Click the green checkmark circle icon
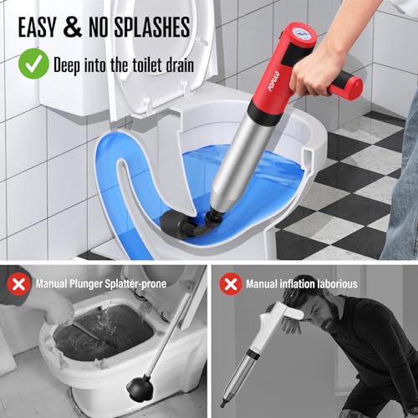(x=33, y=63)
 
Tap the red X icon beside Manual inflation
(x=230, y=283)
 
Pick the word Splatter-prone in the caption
(x=134, y=284)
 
